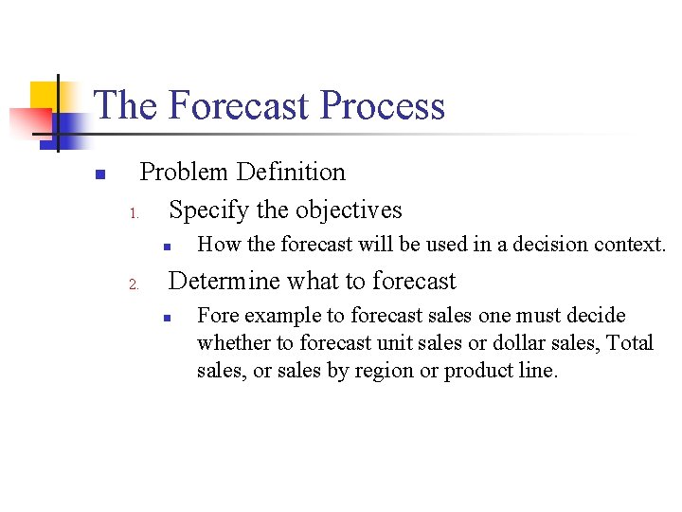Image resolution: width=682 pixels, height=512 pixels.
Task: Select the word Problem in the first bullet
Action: [x=184, y=172]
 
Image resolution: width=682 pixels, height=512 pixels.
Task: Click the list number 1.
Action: [x=135, y=212]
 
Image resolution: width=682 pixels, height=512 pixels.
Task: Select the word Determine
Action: [x=224, y=281]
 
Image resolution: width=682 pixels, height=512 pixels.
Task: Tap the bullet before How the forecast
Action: [x=165, y=246]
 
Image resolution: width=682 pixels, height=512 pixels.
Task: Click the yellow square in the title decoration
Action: [x=44, y=95]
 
